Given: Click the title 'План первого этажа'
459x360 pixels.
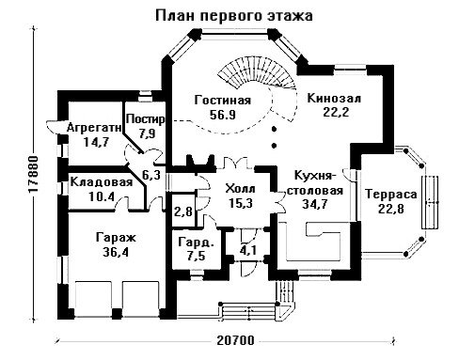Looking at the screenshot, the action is pyautogui.click(x=234, y=16).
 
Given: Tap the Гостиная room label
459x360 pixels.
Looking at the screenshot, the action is pyautogui.click(x=223, y=101).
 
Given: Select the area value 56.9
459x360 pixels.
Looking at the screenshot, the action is pyautogui.click(x=223, y=115).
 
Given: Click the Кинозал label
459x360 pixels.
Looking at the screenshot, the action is pyautogui.click(x=334, y=98).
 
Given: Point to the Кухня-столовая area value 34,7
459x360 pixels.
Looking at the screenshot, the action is pyautogui.click(x=315, y=204).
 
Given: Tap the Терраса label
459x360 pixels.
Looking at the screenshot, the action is pyautogui.click(x=391, y=195).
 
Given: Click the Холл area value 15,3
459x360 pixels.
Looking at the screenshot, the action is pyautogui.click(x=241, y=203).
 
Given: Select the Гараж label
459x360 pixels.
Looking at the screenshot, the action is pyautogui.click(x=116, y=238).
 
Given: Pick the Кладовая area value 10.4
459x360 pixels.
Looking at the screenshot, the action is pyautogui.click(x=102, y=196).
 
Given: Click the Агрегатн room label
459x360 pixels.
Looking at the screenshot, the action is pyautogui.click(x=94, y=128).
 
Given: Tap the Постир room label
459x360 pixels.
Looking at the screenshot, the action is pyautogui.click(x=145, y=119).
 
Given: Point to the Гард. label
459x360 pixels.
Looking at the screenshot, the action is pyautogui.click(x=197, y=243).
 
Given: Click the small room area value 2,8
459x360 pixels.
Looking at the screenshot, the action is pyautogui.click(x=183, y=212).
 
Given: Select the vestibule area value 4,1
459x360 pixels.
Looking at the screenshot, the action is pyautogui.click(x=248, y=250).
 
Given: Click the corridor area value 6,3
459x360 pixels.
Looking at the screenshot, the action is pyautogui.click(x=151, y=175).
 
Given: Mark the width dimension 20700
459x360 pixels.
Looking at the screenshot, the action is pyautogui.click(x=235, y=340).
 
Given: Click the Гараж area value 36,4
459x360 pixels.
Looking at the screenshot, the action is pyautogui.click(x=116, y=252).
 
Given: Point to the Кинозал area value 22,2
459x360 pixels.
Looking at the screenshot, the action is pyautogui.click(x=336, y=112).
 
